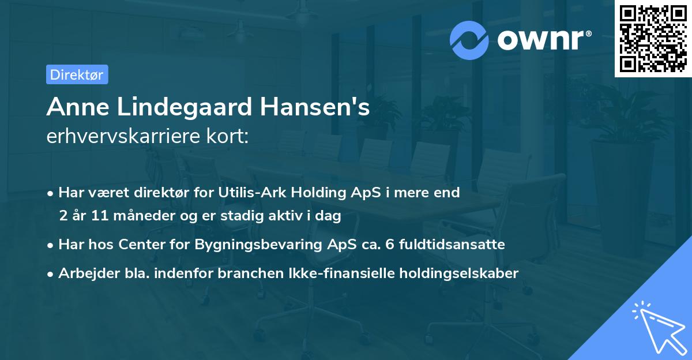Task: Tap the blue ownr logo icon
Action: click(469, 40)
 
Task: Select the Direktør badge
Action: click(77, 74)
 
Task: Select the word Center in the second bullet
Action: click(138, 245)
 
